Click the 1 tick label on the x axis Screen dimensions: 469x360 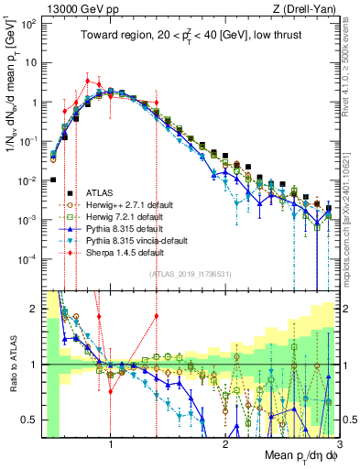pos(111,446)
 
